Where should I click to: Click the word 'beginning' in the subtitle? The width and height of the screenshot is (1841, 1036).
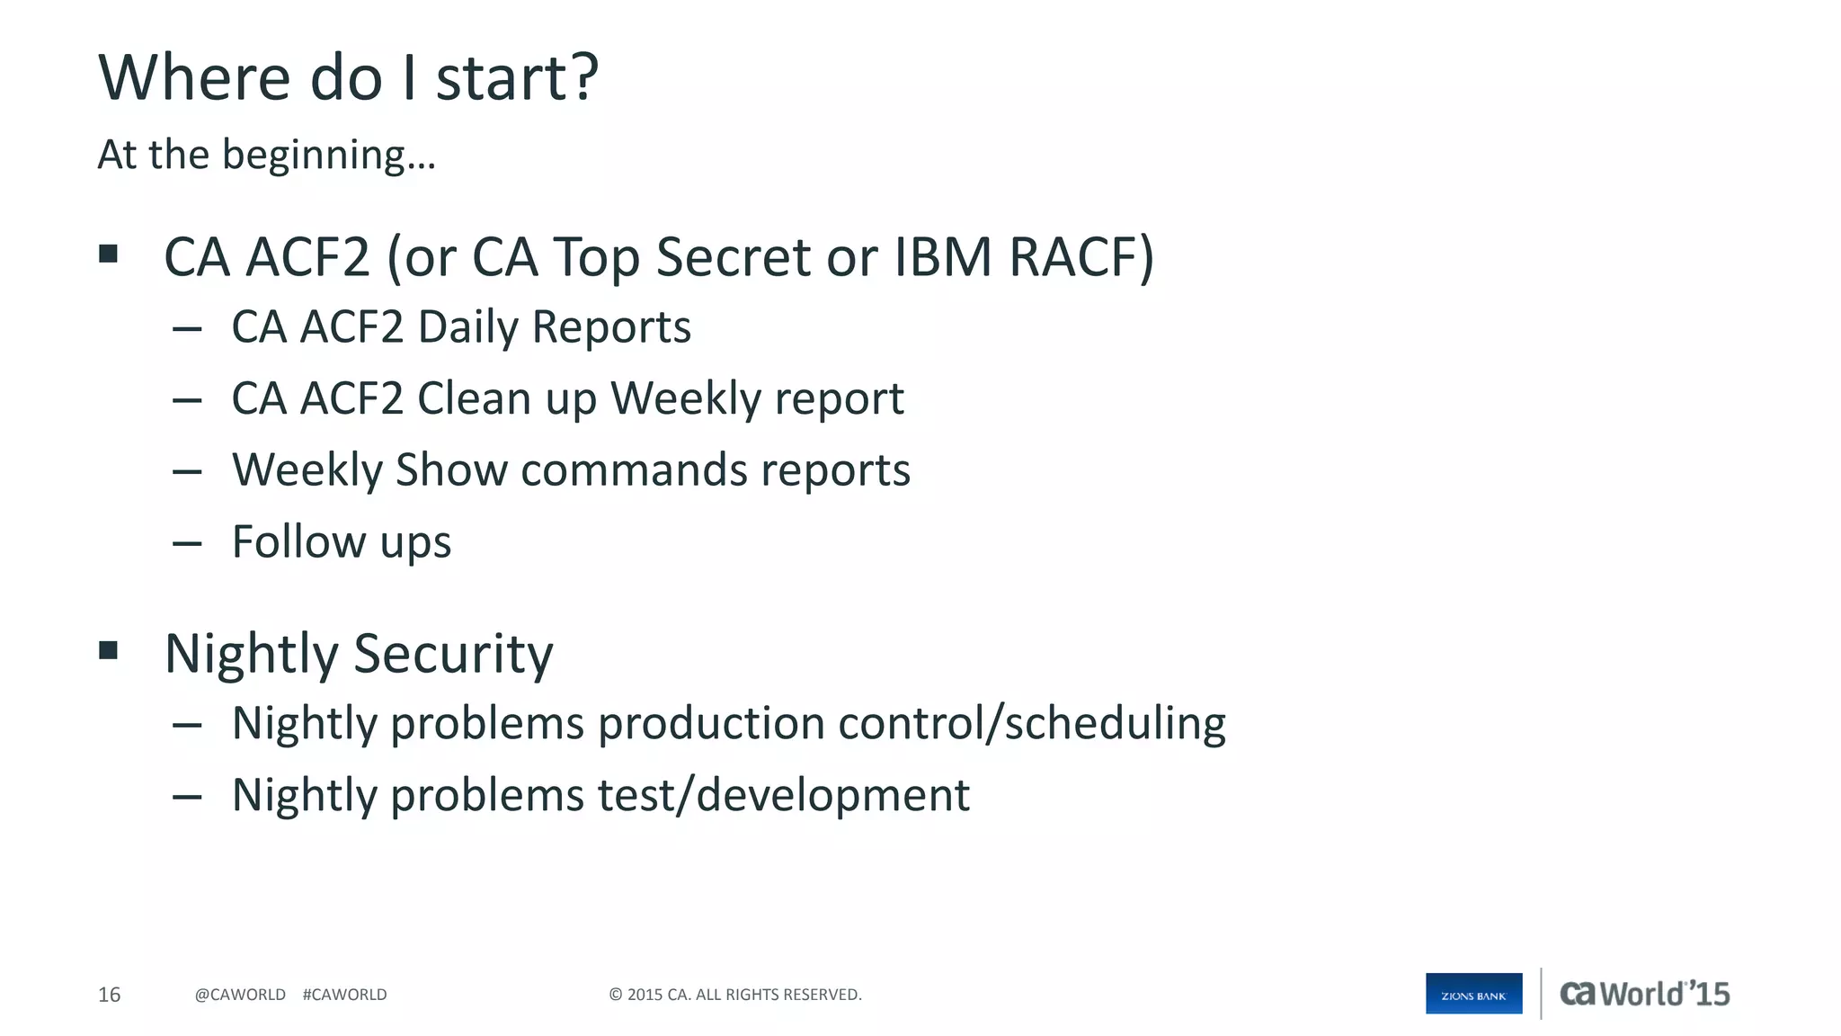tap(314, 156)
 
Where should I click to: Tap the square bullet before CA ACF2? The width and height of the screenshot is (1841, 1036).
tap(109, 255)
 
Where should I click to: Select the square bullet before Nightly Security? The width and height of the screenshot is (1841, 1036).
tap(109, 650)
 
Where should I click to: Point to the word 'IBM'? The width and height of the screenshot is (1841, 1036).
tap(943, 257)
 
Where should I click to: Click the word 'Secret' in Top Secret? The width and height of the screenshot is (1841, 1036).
tap(734, 257)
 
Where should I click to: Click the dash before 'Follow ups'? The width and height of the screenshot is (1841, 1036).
tap(187, 543)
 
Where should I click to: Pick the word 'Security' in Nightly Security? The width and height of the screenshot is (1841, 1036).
tap(453, 655)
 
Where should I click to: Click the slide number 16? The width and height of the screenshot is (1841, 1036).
tap(109, 995)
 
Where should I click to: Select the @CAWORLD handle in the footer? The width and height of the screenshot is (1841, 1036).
tap(240, 995)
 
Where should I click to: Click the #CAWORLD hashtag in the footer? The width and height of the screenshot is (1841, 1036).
tap(344, 995)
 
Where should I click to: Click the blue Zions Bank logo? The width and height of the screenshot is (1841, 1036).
tap(1473, 994)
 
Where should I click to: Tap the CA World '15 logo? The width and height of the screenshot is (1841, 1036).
tap(1643, 994)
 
